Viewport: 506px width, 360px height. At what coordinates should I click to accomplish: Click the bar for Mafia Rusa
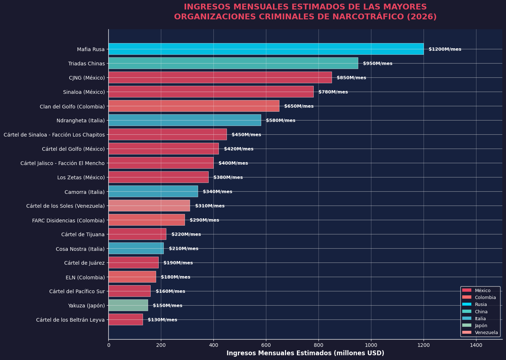[266, 49]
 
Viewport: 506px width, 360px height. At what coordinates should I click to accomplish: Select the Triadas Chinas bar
[233, 63]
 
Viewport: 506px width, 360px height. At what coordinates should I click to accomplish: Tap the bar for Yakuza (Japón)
[128, 305]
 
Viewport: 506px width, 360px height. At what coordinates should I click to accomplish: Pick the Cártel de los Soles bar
[149, 206]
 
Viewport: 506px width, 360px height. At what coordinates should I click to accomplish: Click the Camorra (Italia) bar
[153, 191]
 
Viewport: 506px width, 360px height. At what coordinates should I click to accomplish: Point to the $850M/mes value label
[351, 77]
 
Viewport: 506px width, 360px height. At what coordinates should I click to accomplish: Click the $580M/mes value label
[281, 120]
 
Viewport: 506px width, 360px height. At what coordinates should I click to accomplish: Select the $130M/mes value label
[162, 320]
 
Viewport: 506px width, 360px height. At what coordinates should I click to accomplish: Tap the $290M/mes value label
[204, 220]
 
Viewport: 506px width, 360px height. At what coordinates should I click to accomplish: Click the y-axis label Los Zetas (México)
[81, 177]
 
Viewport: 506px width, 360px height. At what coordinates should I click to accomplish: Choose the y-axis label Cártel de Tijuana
[83, 234]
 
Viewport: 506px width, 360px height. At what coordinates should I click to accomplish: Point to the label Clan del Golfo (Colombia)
[72, 107]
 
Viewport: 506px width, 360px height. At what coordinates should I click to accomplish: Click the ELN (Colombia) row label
[85, 277]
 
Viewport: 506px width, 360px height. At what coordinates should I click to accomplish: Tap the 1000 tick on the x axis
[371, 345]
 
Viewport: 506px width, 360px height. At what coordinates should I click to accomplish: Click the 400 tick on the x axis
[213, 345]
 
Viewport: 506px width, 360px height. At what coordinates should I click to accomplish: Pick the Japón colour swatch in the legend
[467, 325]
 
